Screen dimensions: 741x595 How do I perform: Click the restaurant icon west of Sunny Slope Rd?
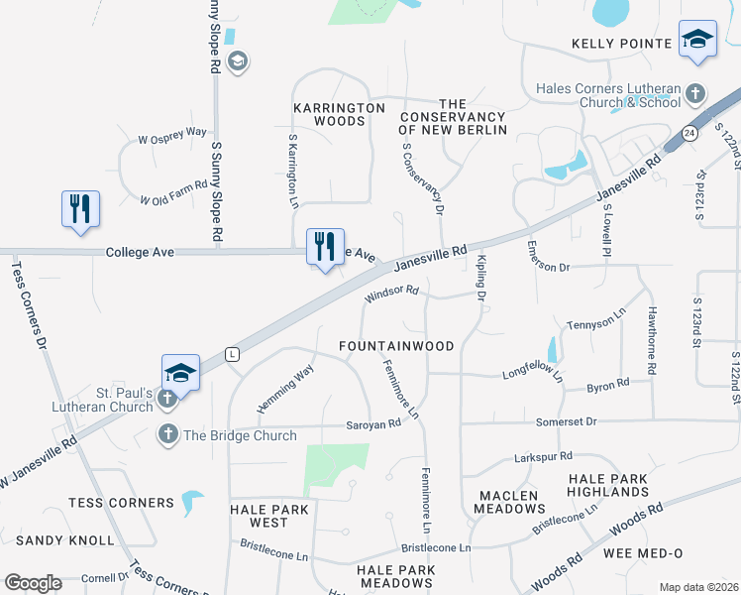(78, 209)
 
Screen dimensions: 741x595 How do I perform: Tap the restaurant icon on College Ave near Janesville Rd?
(324, 246)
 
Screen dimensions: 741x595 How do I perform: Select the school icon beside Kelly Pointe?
(697, 40)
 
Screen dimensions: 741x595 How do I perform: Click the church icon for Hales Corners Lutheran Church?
(695, 94)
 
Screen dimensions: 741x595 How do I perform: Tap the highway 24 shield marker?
(689, 133)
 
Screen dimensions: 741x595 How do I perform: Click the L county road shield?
(232, 353)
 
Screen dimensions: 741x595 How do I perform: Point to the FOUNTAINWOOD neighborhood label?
(396, 346)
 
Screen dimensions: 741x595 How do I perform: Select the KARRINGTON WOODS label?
(339, 114)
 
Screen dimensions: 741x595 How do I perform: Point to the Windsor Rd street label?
(392, 294)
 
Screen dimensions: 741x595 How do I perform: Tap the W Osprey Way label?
(172, 135)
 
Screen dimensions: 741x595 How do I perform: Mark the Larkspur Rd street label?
(543, 457)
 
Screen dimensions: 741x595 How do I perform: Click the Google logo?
(33, 582)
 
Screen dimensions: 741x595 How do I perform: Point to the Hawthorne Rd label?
(651, 351)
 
